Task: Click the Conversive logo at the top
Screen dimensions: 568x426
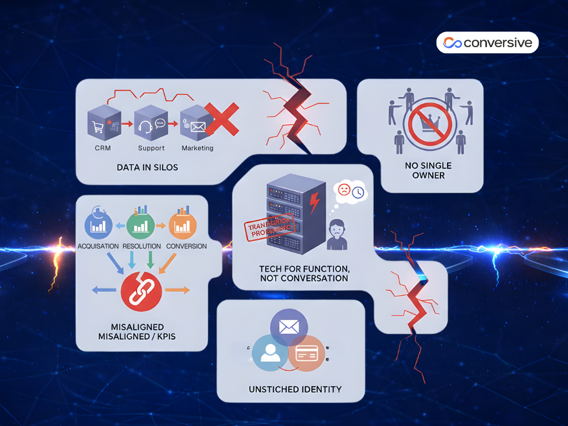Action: tap(487, 43)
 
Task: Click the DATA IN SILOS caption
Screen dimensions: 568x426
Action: tap(148, 167)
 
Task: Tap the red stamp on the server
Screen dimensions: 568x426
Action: tap(268, 228)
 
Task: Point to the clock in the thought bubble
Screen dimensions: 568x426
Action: tap(358, 192)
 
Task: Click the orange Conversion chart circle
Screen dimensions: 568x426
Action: tap(182, 225)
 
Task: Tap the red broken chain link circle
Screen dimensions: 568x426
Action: tap(141, 291)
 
